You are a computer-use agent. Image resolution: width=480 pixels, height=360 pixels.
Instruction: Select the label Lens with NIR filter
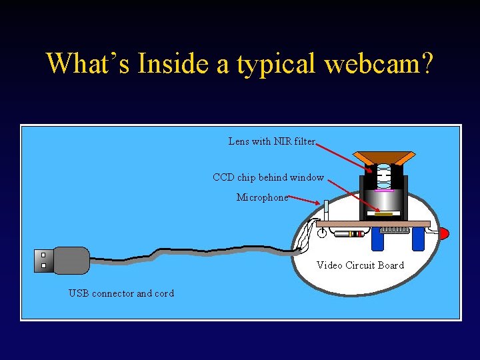click(272, 141)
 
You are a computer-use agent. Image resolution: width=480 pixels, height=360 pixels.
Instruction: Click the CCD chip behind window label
click(268, 177)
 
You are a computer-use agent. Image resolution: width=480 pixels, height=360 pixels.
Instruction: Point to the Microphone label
click(263, 197)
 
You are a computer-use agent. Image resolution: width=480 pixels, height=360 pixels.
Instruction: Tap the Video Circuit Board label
click(360, 265)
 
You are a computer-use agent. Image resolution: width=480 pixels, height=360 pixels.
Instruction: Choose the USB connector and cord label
click(121, 293)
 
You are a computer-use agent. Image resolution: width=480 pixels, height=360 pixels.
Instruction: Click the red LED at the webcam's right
click(443, 233)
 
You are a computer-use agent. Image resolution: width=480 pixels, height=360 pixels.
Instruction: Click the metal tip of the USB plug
click(43, 260)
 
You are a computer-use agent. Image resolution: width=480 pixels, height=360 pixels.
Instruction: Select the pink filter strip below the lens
click(384, 191)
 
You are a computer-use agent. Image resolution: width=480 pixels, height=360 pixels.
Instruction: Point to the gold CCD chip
click(383, 213)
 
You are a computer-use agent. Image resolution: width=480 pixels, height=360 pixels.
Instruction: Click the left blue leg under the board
click(378, 239)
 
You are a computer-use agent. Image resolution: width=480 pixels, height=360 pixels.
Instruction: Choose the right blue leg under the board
click(418, 239)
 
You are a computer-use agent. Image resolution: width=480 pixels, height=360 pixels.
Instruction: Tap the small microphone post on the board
click(326, 210)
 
